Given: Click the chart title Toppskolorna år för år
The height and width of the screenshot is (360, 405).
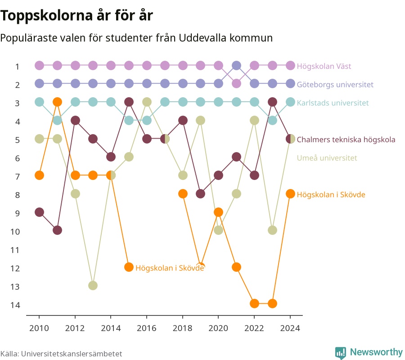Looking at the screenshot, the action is click(76, 15).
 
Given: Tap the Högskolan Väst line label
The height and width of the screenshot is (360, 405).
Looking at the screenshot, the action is click(324, 66).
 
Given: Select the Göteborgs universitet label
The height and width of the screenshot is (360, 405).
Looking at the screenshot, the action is click(335, 85).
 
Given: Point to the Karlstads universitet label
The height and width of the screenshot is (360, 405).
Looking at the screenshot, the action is click(333, 103).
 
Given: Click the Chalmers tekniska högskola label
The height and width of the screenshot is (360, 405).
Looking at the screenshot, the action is click(346, 139).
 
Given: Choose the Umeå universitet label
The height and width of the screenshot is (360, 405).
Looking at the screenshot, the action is click(327, 158).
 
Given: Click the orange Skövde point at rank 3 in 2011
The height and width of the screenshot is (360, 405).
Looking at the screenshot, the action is click(57, 102).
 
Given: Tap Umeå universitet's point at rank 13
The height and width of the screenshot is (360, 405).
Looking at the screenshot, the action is click(93, 285).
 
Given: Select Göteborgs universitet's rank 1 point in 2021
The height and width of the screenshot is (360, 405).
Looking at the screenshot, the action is click(236, 66).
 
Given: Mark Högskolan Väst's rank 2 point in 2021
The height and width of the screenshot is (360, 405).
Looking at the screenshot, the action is click(236, 84).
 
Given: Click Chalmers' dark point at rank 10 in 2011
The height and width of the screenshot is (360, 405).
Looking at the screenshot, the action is click(57, 230).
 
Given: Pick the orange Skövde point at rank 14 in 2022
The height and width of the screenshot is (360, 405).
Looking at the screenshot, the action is click(254, 303).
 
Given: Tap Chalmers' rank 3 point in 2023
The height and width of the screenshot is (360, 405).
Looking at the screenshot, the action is click(272, 102).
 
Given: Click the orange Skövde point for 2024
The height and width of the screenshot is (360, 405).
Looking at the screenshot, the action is click(290, 193).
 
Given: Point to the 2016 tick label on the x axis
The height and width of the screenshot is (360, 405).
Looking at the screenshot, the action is click(147, 328).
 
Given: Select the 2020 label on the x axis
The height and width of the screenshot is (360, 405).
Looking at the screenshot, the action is click(219, 328).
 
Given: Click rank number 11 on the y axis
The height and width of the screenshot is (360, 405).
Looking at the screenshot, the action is click(15, 250).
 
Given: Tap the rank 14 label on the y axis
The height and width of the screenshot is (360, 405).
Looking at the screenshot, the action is click(15, 305).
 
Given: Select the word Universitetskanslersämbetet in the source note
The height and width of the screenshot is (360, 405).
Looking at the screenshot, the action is click(72, 354).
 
